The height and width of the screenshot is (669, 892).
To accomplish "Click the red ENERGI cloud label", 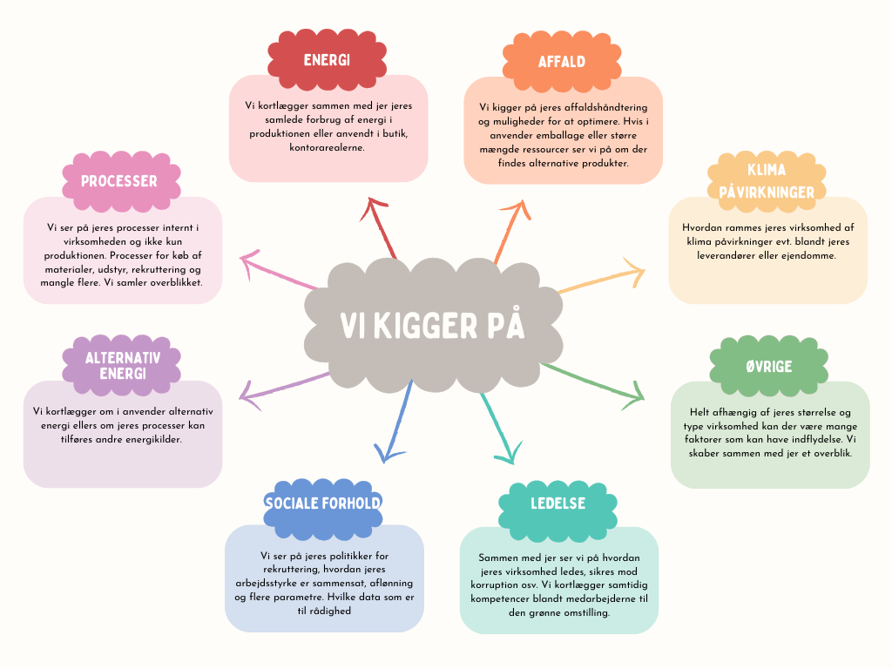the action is click(328, 60).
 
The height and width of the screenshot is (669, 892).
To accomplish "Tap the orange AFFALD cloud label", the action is click(562, 62).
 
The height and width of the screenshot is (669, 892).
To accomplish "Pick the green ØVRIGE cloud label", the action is click(768, 367).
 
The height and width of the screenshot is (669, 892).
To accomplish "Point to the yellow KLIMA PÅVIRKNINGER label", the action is click(767, 181).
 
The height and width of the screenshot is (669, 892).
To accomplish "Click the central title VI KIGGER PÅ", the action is click(432, 326).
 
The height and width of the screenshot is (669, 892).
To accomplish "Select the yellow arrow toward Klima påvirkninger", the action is click(601, 279).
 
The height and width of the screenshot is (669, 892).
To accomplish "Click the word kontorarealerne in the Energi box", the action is click(328, 148).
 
